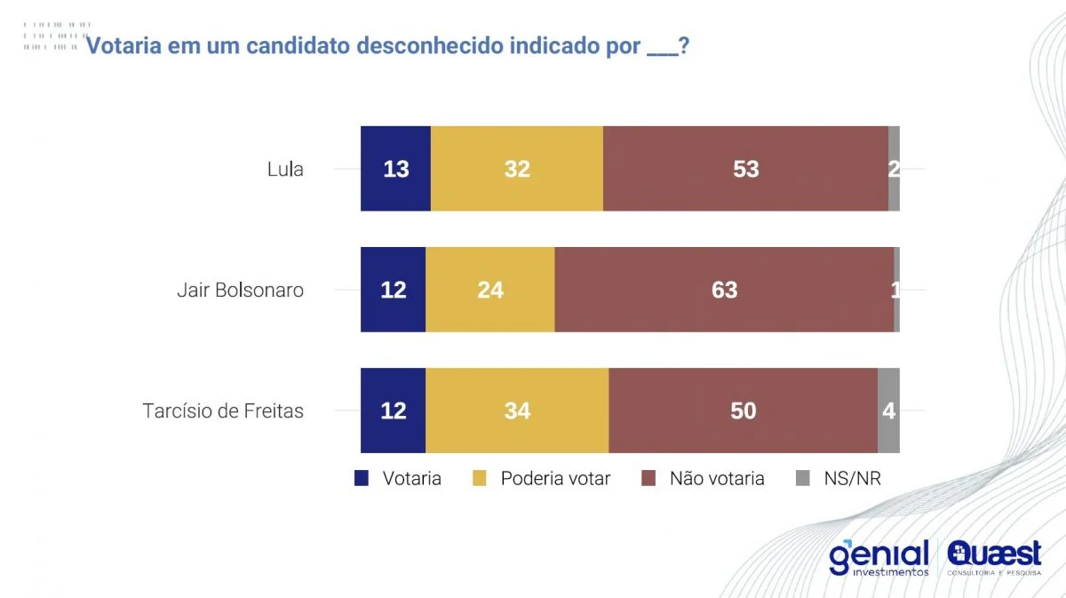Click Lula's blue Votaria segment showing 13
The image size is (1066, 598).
[x=395, y=169]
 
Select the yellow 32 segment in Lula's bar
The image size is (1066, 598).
[x=517, y=169]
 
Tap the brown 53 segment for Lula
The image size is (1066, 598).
[x=745, y=169]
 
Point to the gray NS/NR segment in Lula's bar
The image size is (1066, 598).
[x=894, y=169]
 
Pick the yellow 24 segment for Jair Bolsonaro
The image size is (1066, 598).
[x=490, y=290]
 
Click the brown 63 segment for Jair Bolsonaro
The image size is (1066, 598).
[x=724, y=290]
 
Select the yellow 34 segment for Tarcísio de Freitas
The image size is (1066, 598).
[x=517, y=411]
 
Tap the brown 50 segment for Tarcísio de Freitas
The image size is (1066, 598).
[x=743, y=411]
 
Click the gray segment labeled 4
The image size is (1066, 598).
[x=888, y=411]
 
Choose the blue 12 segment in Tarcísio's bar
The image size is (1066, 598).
[x=393, y=411]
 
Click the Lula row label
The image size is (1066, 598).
[x=285, y=169]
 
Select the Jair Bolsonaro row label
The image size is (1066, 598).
[x=240, y=291]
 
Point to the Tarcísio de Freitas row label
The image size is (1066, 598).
[x=223, y=411]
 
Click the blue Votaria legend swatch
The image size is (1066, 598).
[x=362, y=479]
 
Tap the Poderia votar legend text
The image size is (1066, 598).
[x=555, y=479]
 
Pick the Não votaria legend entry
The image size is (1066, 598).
[x=716, y=479]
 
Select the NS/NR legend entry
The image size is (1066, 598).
[x=851, y=479]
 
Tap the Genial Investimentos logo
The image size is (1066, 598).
[x=879, y=558]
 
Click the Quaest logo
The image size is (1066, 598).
[x=994, y=558]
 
